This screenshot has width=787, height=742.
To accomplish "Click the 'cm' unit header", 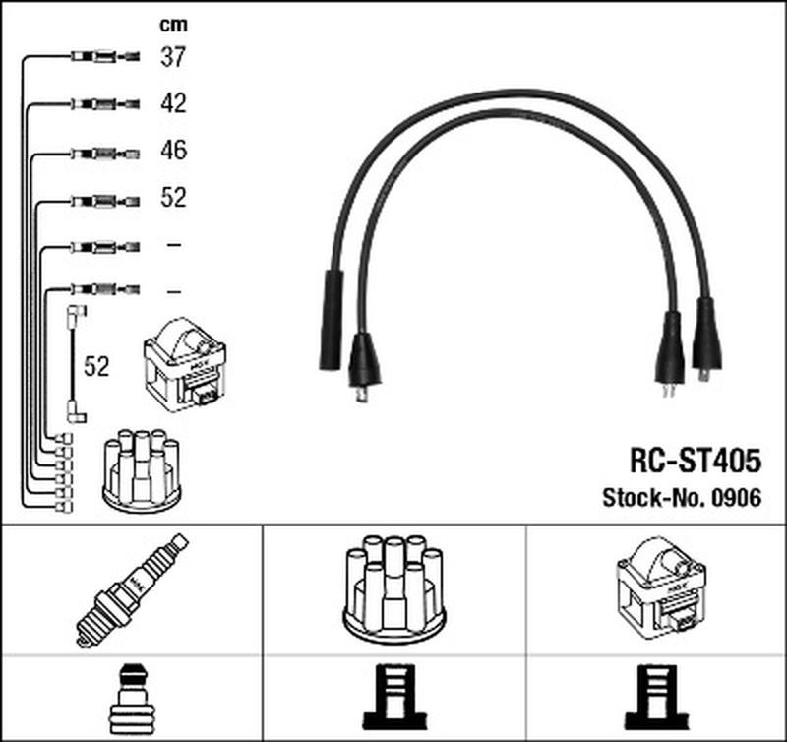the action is point(173,25).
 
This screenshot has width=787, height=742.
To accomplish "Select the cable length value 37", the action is point(173,57).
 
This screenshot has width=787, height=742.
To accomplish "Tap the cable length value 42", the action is point(174,103).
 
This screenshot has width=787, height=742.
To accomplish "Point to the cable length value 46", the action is point(174,151).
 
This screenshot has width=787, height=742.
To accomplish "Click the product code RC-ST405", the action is point(696,461).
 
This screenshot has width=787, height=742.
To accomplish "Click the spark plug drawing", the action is point(132,589).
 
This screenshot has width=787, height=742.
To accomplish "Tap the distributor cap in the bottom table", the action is point(394,588).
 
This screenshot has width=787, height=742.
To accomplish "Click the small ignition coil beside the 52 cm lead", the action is point(185,365).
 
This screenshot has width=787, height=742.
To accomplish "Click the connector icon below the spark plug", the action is point(132,700).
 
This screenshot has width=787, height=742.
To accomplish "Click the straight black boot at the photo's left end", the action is point(332,320).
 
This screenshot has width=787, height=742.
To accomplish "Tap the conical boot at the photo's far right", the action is point(707,336).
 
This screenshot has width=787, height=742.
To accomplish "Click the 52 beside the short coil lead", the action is point(96,367).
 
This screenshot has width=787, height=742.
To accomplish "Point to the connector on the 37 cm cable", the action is point(105,56).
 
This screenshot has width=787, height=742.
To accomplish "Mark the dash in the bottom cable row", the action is point(174,291).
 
